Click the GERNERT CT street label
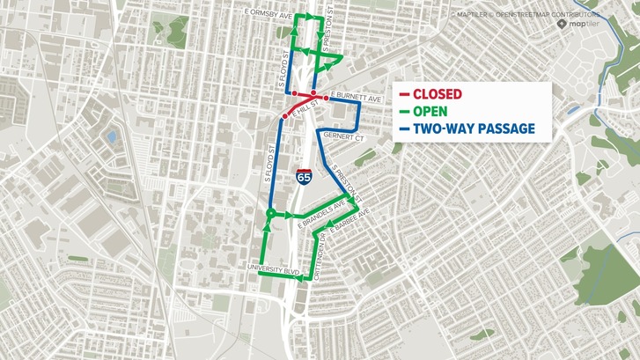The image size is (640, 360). point(343,138)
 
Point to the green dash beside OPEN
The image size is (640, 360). point(403,112)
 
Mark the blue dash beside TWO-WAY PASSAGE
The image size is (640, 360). point(403,129)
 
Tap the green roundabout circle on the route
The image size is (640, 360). point(269,216)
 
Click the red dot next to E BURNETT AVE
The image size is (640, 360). point(326,96)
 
